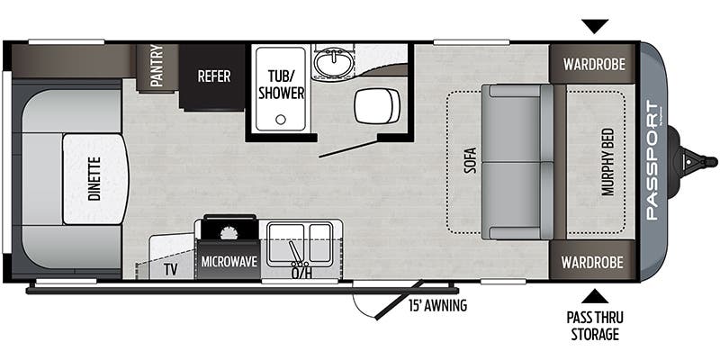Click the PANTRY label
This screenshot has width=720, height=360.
[x=157, y=66]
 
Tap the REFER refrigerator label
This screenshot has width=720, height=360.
[x=214, y=76]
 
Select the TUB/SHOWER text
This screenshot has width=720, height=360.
[x=281, y=85]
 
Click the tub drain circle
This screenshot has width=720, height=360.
[x=281, y=120]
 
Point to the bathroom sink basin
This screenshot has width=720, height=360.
[x=333, y=62]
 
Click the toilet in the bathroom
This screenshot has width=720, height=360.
[x=377, y=106]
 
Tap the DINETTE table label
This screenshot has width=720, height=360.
[x=94, y=179]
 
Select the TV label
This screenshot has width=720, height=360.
[x=170, y=269]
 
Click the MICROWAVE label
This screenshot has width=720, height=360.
[x=229, y=262]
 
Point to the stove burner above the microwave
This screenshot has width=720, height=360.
[x=229, y=233]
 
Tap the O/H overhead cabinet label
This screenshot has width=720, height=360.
[x=301, y=274]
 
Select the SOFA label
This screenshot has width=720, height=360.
[x=470, y=160]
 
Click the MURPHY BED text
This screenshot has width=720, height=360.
[x=608, y=162]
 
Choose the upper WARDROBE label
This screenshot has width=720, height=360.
[x=594, y=64]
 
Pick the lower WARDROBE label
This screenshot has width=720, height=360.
[x=592, y=262]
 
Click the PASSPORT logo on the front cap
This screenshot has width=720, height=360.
[x=652, y=161]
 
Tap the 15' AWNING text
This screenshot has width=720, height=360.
[x=437, y=305]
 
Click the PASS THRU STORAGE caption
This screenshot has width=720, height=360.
[x=595, y=326]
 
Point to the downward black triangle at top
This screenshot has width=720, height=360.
[x=595, y=26]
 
